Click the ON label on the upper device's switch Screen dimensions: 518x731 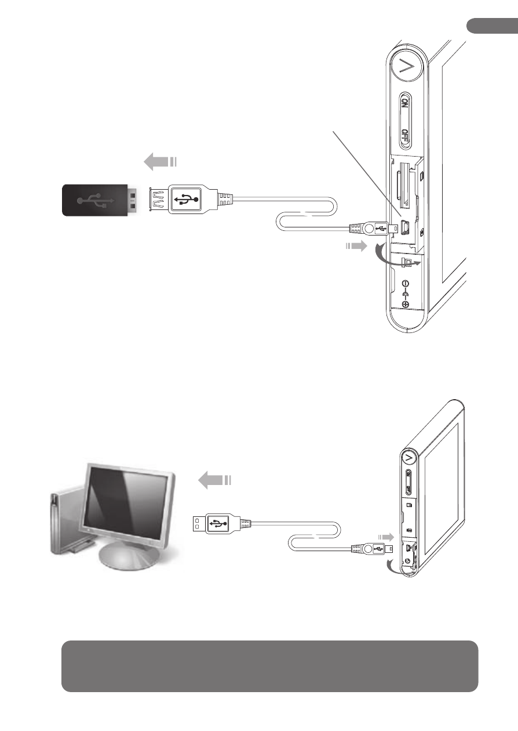(404, 103)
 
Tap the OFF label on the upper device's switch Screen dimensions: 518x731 (405, 135)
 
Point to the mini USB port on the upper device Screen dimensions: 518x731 (405, 227)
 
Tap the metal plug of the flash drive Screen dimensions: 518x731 (132, 200)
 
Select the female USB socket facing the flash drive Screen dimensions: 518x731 (159, 200)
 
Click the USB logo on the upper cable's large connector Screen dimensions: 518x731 (185, 200)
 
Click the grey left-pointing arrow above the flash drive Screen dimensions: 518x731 (160, 162)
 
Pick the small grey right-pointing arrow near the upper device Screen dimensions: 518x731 (356, 246)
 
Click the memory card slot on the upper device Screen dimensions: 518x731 (404, 184)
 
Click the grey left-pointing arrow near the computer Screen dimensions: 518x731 (214, 480)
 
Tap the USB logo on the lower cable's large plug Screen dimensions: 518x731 (218, 523)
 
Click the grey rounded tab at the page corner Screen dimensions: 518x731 (492, 26)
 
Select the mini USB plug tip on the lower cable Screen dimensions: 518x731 (389, 549)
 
